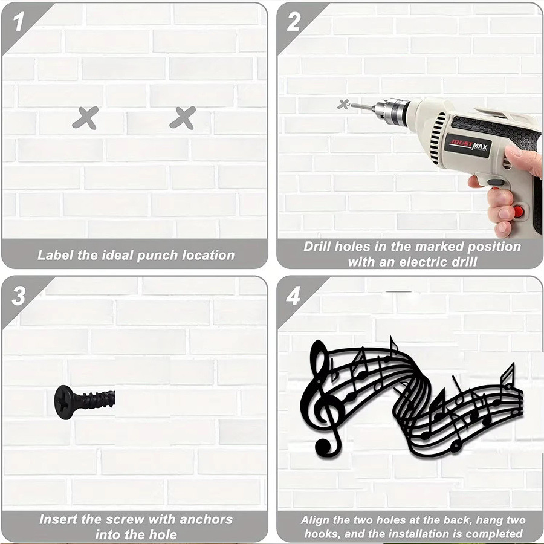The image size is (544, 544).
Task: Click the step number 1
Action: point(18,22)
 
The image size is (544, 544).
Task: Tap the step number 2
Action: point(294,22)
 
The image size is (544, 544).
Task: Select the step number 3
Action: point(18,296)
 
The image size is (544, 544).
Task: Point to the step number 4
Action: point(293,296)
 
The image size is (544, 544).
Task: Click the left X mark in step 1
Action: point(85,118)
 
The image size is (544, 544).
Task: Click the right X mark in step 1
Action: point(183,118)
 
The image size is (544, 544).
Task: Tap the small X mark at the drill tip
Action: point(343,104)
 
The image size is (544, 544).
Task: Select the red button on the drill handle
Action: point(519,211)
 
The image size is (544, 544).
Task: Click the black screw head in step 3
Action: point(64,402)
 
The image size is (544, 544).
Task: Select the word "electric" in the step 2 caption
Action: point(425,262)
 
